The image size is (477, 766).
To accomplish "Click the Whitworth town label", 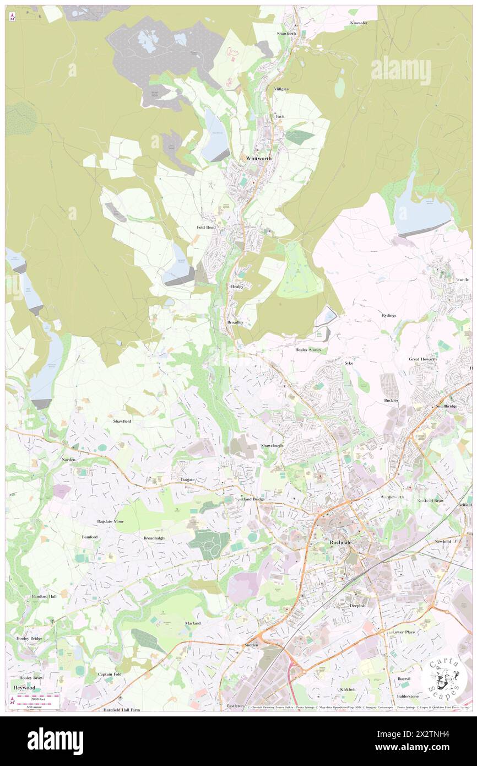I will click(259, 158).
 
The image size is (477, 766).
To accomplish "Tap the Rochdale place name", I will click(344, 542).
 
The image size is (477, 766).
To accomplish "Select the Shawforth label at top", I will click(286, 34).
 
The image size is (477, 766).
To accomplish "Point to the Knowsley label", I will click(359, 23).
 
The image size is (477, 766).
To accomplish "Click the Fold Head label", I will click(206, 227).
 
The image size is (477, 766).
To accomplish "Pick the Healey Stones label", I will click(308, 350).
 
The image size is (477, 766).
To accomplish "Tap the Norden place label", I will click(69, 459).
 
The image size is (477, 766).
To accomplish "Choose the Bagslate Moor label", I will click(110, 521).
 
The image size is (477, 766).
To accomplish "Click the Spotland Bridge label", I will click(250, 499).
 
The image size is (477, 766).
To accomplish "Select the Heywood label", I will click(24, 688).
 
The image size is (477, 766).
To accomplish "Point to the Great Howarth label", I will click(422, 359).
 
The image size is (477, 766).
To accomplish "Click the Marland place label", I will click(193, 623).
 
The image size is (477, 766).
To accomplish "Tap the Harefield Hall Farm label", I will click(122, 710).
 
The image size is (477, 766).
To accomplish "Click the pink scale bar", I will click(37, 697).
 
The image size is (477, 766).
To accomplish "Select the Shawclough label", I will click(272, 445).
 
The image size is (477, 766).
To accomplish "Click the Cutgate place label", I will click(188, 480).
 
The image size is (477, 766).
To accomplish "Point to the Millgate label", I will click(281, 89).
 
